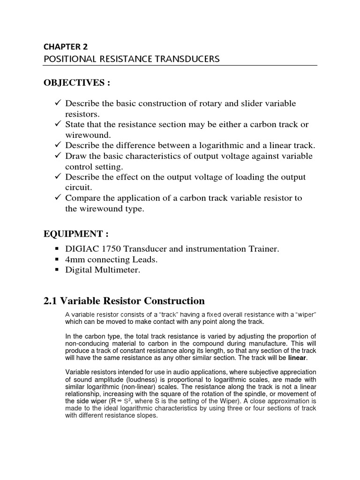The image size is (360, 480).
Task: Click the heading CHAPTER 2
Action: (65, 46)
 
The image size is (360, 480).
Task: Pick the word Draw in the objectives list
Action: (75, 156)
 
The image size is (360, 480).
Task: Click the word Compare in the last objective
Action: (82, 198)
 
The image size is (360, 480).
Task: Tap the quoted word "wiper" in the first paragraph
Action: (305, 314)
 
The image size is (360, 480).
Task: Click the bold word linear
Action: (297, 358)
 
